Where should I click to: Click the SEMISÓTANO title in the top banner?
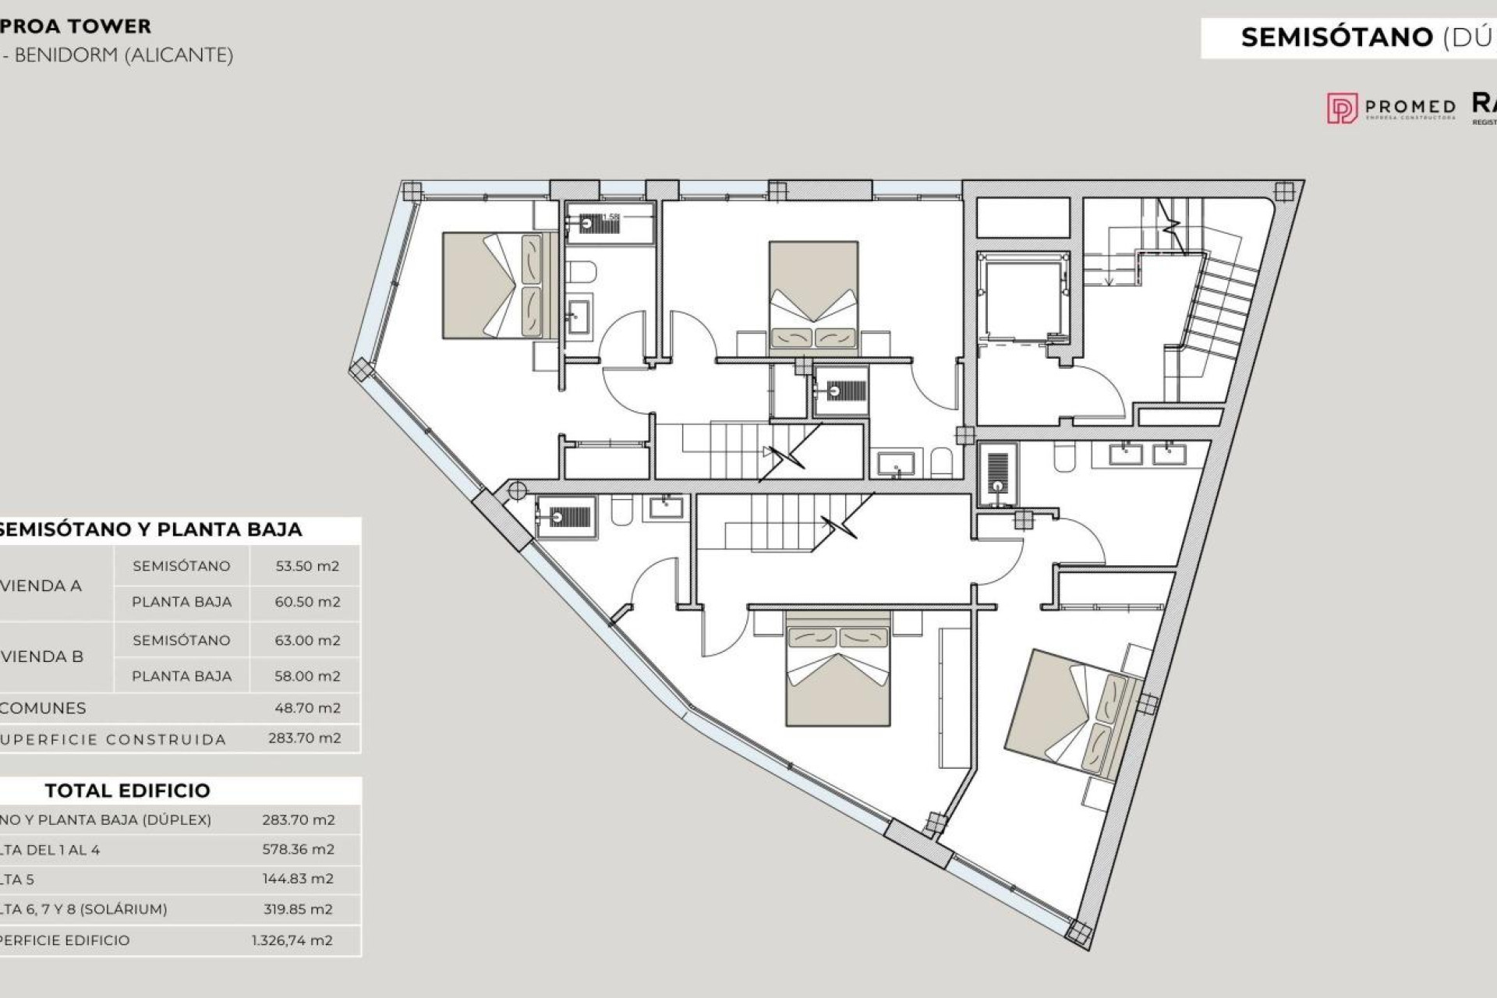pos(1336,37)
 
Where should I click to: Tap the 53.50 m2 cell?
pos(306,566)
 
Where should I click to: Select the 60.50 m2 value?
pos(306,602)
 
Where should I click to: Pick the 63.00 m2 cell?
pos(306,640)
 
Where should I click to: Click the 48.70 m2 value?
pos(306,708)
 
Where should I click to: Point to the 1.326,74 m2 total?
pos(292,940)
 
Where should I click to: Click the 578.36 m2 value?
pos(298,850)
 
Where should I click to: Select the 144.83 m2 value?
pos(298,879)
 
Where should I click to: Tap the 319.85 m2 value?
pos(298,909)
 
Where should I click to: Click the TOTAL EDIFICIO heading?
pos(127,791)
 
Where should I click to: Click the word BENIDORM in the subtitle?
pos(66,55)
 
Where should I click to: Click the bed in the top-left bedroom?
pos(492,285)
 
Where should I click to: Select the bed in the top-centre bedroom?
pos(813,295)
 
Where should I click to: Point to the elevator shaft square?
pos(1022,299)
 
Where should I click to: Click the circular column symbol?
pos(517,490)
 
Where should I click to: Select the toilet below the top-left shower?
pos(581,271)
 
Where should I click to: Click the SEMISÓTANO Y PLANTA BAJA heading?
pos(150,529)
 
